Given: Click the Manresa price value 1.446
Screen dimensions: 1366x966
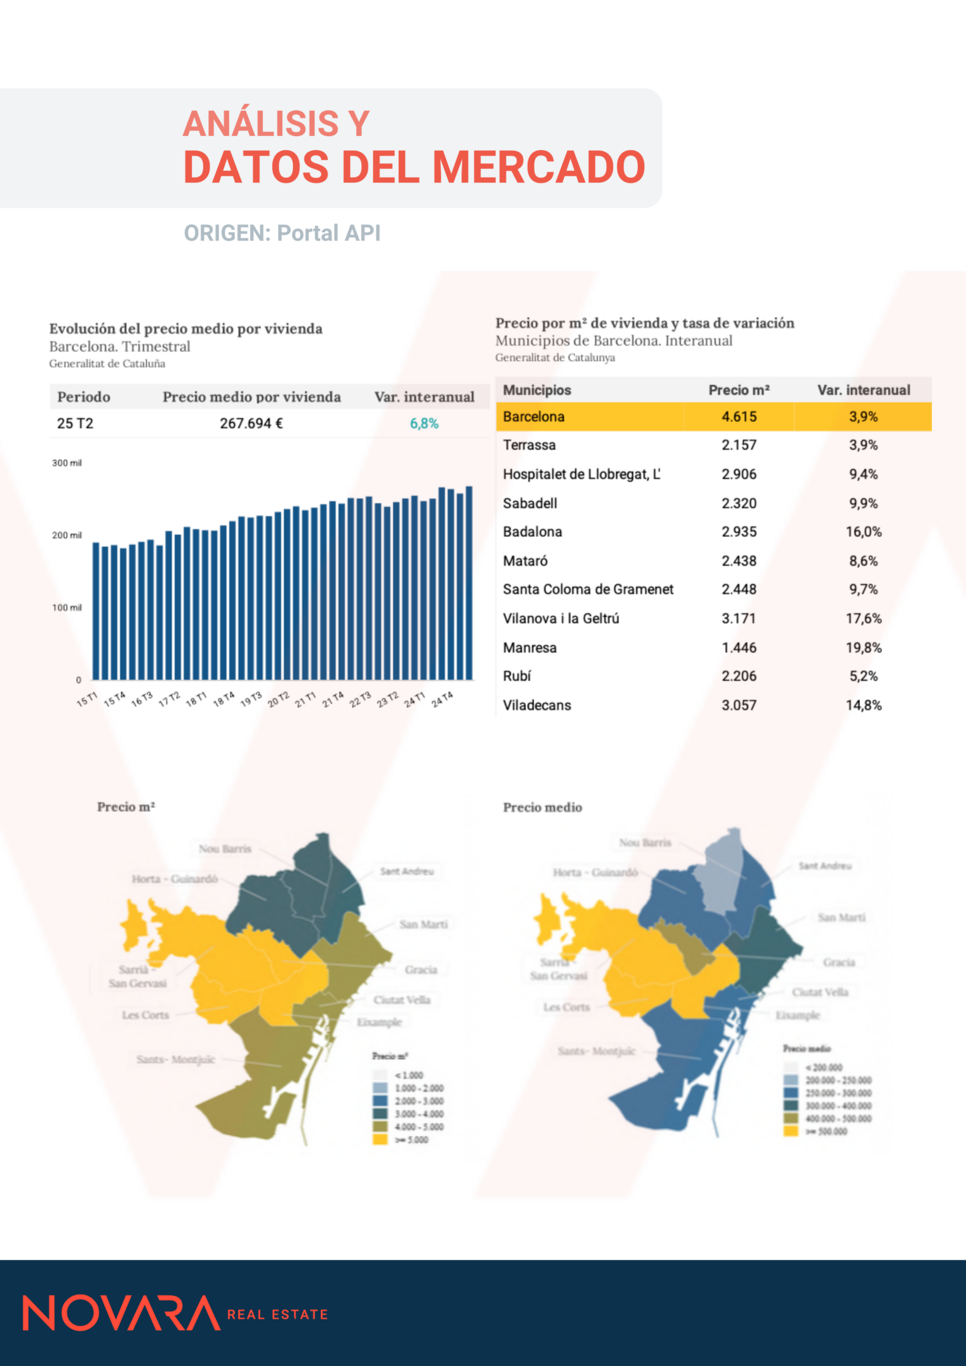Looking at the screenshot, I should pyautogui.click(x=739, y=648).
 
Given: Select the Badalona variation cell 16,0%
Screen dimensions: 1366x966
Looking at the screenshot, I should pyautogui.click(x=863, y=532).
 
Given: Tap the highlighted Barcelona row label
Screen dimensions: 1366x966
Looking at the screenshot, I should pyautogui.click(x=534, y=417).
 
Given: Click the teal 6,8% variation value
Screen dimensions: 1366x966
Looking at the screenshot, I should pyautogui.click(x=424, y=424).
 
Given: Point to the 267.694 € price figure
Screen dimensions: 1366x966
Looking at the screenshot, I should pyautogui.click(x=252, y=424).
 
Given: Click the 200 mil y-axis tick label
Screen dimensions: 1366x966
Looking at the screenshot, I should pyautogui.click(x=67, y=536).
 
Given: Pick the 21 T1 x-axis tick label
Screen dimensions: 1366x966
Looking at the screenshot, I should pyautogui.click(x=306, y=700).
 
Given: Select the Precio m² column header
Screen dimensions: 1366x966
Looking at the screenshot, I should pyautogui.click(x=739, y=390).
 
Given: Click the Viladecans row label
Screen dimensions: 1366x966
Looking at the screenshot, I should pyautogui.click(x=537, y=706).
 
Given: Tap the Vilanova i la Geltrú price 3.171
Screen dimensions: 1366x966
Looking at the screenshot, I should pyautogui.click(x=739, y=619).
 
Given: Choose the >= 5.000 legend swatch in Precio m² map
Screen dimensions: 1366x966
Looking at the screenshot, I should pyautogui.click(x=380, y=1140).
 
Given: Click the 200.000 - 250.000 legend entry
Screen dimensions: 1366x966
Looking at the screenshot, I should pyautogui.click(x=838, y=1081).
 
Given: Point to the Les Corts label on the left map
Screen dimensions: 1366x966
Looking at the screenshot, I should pyautogui.click(x=145, y=1015).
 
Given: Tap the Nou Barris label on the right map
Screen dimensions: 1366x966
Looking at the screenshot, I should pyautogui.click(x=645, y=843).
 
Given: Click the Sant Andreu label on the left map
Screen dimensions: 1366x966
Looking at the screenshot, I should pyautogui.click(x=407, y=872).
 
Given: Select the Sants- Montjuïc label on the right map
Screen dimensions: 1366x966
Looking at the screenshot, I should pyautogui.click(x=596, y=1051).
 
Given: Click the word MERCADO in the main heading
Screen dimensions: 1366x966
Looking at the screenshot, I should pyautogui.click(x=540, y=167).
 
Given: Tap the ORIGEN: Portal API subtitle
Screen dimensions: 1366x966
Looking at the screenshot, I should pyautogui.click(x=282, y=233).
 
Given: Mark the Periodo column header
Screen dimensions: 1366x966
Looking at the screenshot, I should pyautogui.click(x=83, y=398).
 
